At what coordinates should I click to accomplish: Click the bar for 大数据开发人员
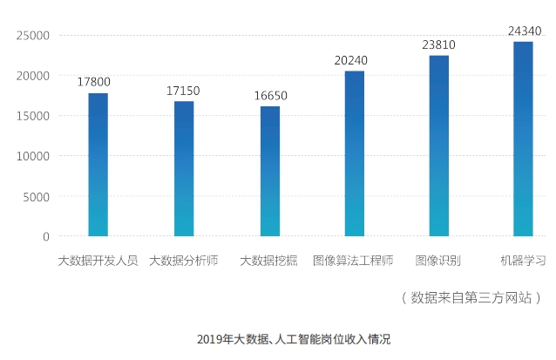(98, 165)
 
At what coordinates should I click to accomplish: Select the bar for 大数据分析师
(184, 169)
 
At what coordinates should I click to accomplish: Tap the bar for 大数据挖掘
(270, 171)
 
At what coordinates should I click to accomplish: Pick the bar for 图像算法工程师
(354, 153)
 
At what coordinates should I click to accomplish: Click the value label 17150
(184, 91)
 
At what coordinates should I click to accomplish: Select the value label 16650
(270, 95)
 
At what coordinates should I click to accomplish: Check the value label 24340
(524, 31)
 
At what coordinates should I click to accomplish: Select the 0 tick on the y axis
(45, 236)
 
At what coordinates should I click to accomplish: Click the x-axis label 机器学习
(523, 261)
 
